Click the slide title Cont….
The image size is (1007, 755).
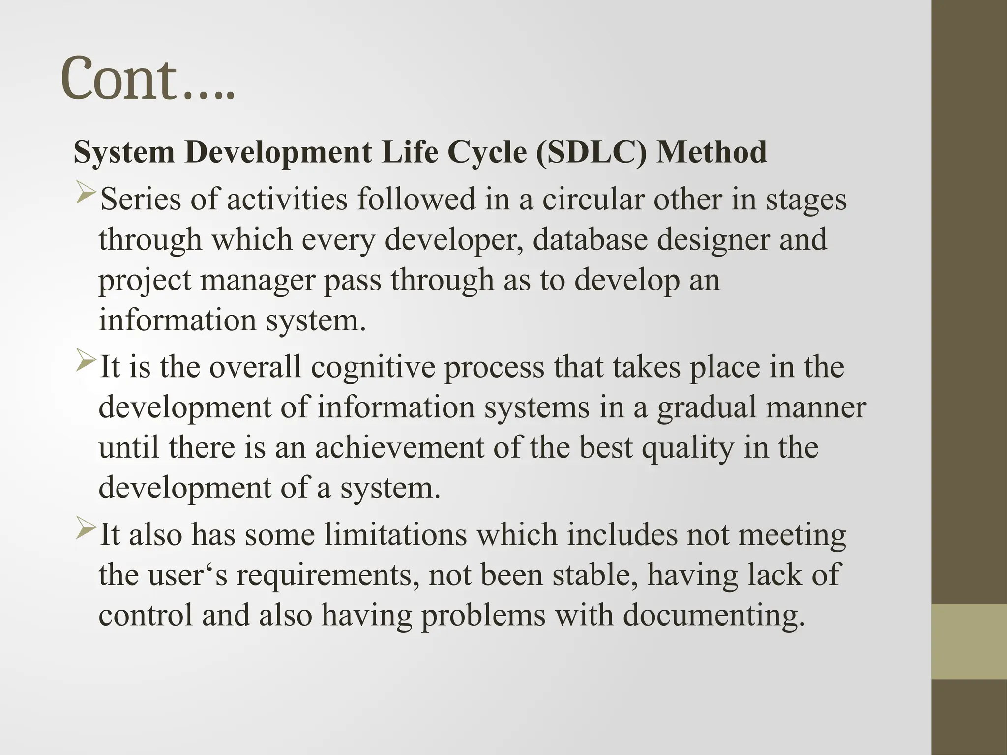coord(148,79)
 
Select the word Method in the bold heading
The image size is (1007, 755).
coord(712,152)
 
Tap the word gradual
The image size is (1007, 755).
coord(703,408)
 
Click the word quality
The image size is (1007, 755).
coord(688,448)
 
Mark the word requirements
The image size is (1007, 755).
coord(324,575)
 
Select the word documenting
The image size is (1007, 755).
coord(714,615)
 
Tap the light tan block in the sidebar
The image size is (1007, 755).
coord(969,641)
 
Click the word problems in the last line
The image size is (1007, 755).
coord(483,614)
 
